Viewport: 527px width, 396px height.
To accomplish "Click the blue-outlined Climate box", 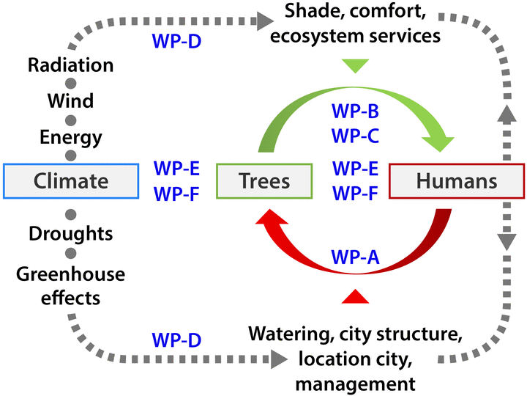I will click(x=71, y=180).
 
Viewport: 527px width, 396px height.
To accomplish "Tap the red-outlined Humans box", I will click(x=457, y=180).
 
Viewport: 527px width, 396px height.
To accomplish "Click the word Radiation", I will click(x=71, y=65).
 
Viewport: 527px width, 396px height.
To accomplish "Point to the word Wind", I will click(x=71, y=100).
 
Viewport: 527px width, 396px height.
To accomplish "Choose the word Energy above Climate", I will click(x=71, y=137).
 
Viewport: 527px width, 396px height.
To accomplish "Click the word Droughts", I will click(x=71, y=234).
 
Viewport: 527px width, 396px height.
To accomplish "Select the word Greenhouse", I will click(x=71, y=275).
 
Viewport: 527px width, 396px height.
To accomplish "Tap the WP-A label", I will click(x=355, y=257).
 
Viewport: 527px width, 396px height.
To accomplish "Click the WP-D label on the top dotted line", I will click(x=176, y=40).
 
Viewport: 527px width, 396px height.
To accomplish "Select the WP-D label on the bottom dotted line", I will click(x=176, y=340).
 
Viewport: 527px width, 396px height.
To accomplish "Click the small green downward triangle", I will click(x=355, y=66).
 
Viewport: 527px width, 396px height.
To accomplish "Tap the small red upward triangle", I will click(x=355, y=296).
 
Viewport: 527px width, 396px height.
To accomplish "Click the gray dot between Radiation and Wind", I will click(x=71, y=83).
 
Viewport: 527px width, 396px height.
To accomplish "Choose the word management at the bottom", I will click(x=356, y=383).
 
